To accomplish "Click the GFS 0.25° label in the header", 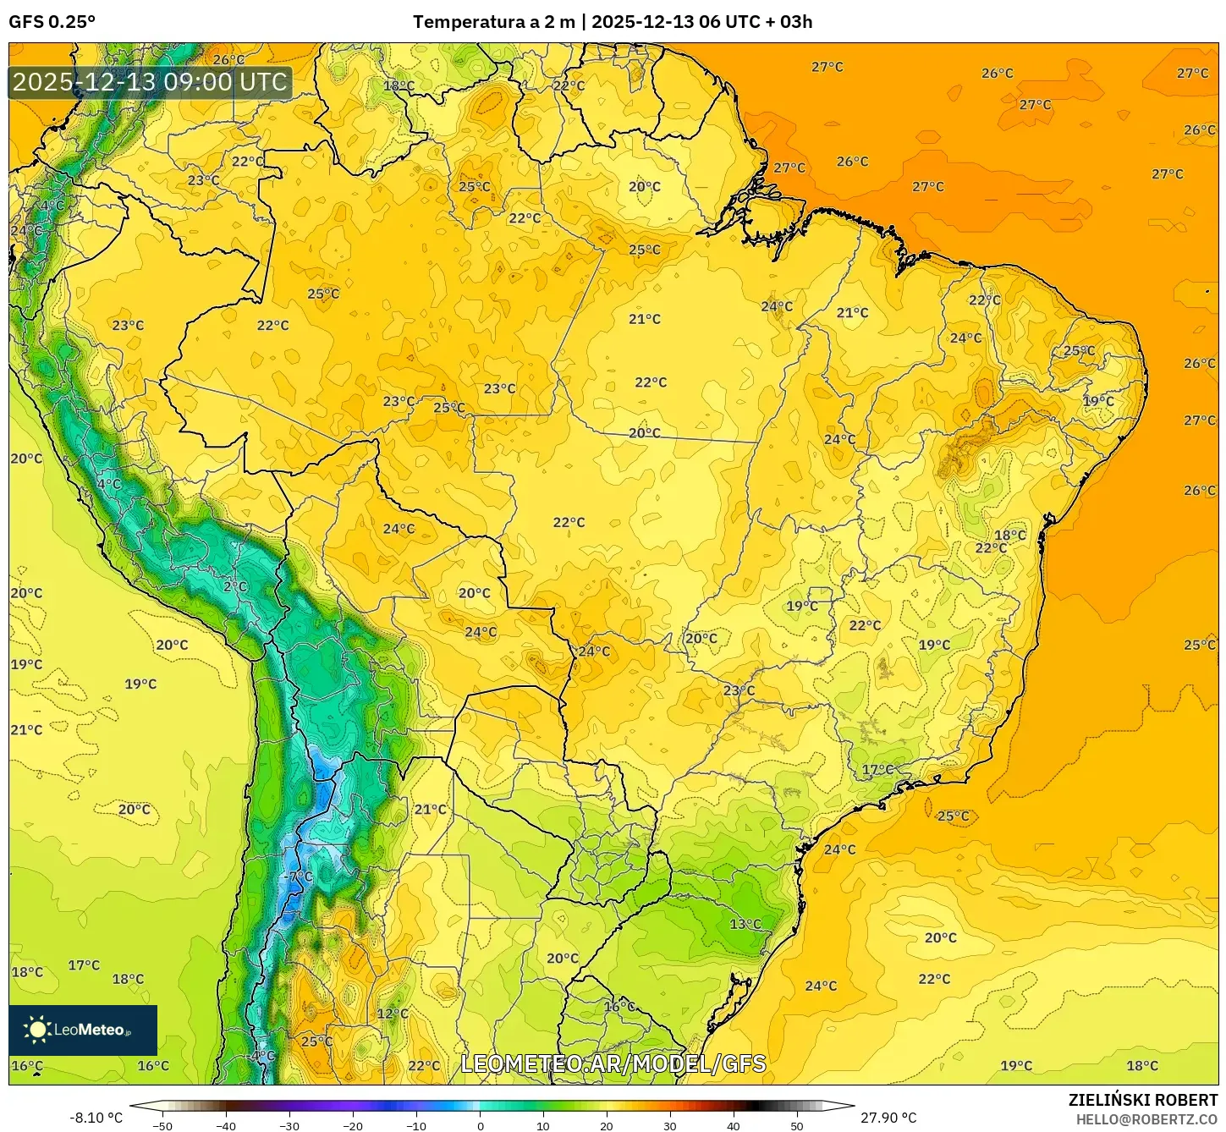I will pyautogui.click(x=52, y=22).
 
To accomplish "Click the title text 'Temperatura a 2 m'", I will pyautogui.click(x=493, y=22).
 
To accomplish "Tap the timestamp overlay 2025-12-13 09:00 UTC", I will pyautogui.click(x=150, y=82).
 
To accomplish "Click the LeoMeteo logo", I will pyautogui.click(x=83, y=1030).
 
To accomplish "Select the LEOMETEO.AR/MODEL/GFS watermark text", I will pyautogui.click(x=613, y=1063).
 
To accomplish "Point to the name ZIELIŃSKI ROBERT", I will pyautogui.click(x=1142, y=1100).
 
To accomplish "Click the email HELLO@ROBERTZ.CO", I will pyautogui.click(x=1146, y=1119).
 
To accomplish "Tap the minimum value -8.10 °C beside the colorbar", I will pyautogui.click(x=96, y=1118).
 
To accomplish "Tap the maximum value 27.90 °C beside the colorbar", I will pyautogui.click(x=888, y=1118).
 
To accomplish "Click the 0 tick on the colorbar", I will pyautogui.click(x=480, y=1126).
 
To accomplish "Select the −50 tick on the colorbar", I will pyautogui.click(x=162, y=1126).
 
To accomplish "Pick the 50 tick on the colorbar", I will pyautogui.click(x=797, y=1126).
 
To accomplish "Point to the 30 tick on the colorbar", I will pyautogui.click(x=670, y=1126).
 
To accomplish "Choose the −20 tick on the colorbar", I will pyautogui.click(x=352, y=1126).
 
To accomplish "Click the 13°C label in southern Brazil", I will pyautogui.click(x=745, y=924).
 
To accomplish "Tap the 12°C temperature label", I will pyautogui.click(x=392, y=1014).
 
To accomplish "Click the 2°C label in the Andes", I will pyautogui.click(x=235, y=586).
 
